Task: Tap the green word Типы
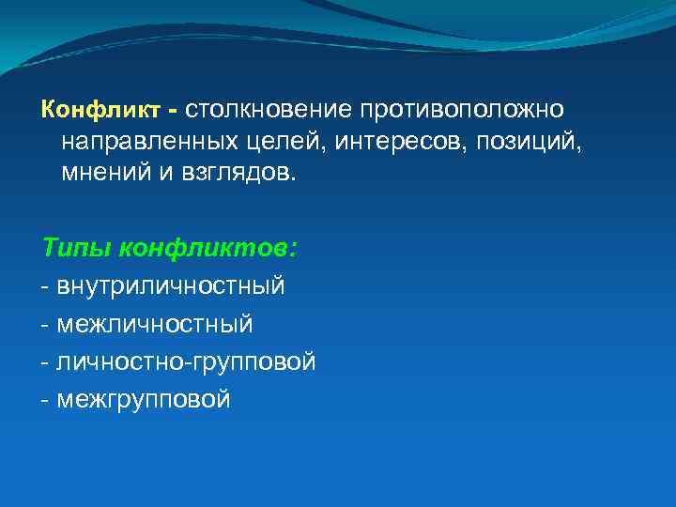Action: [x=72, y=249]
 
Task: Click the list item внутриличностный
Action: [x=170, y=286]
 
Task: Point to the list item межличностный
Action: [x=155, y=324]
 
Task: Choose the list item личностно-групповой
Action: [x=186, y=361]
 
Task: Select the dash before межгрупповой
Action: [x=46, y=400]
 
